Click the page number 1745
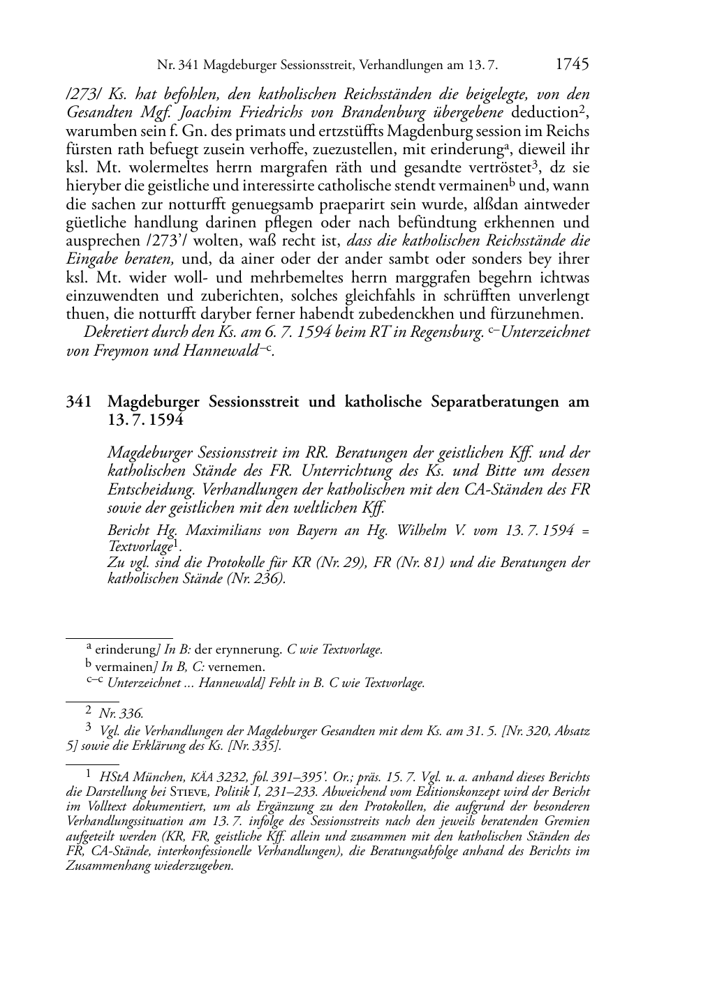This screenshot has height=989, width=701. pyautogui.click(x=572, y=65)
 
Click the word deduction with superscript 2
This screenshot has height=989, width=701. pyautogui.click(x=543, y=112)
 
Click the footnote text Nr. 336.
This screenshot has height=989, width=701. pyautogui.click(x=121, y=713)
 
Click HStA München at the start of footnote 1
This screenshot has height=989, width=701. pyautogui.click(x=133, y=777)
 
